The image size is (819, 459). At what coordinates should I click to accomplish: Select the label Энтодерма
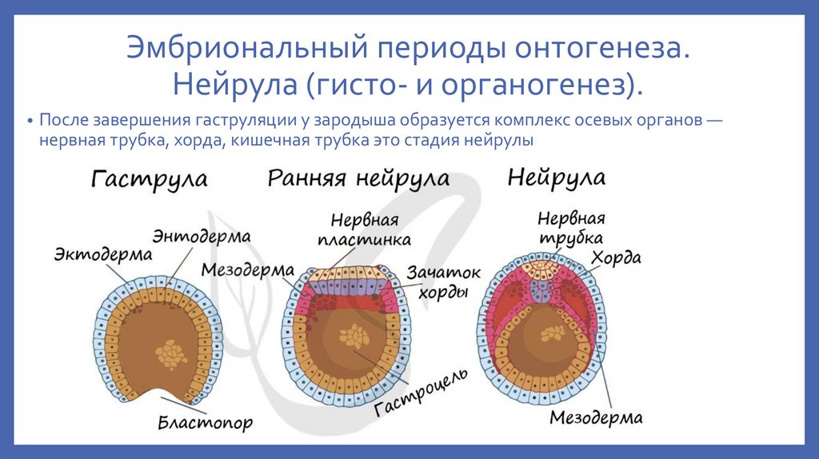tap(202, 237)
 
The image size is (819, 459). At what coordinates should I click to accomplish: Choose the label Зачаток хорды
tap(442, 281)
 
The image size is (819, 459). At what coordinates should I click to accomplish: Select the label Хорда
tap(616, 257)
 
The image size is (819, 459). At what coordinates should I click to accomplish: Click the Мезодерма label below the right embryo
tap(596, 417)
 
